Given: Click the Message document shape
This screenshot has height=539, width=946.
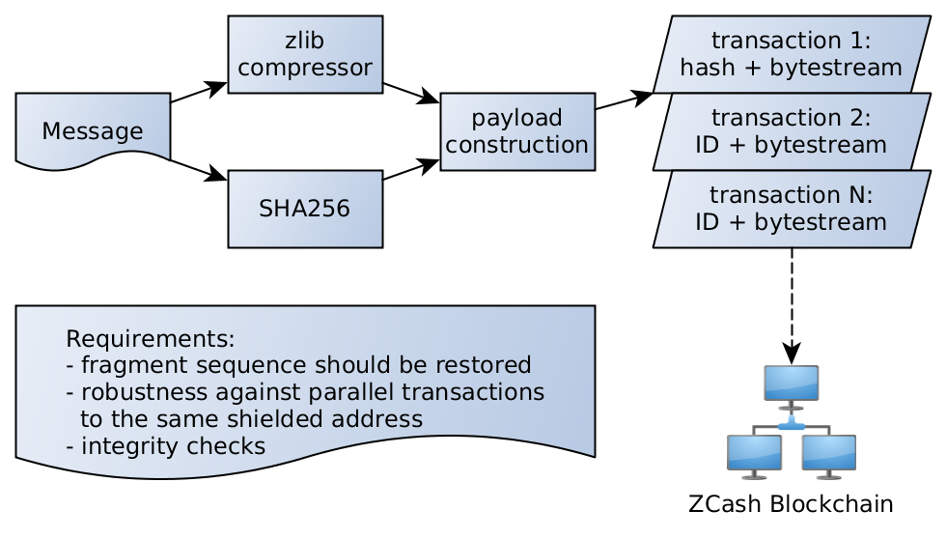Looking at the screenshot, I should click(x=93, y=131).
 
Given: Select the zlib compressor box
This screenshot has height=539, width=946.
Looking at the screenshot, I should click(x=305, y=54).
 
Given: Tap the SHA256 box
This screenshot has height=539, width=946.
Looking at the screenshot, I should click(x=305, y=209).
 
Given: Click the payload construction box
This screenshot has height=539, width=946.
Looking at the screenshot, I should click(x=517, y=131).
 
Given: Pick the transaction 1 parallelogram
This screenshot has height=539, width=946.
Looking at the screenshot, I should click(x=792, y=54).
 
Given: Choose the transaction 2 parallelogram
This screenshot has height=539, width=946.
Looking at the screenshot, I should click(x=792, y=131).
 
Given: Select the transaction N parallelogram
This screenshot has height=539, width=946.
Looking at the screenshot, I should click(x=792, y=209).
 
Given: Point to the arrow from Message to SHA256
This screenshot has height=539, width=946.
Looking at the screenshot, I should click(x=199, y=170).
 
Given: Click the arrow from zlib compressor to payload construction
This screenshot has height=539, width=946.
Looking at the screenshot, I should click(x=411, y=93).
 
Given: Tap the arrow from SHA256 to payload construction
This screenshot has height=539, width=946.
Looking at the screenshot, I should click(x=411, y=170).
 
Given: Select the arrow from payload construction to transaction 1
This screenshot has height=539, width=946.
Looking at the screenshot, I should click(x=624, y=100).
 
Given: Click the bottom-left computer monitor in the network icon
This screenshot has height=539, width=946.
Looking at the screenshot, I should click(x=754, y=455).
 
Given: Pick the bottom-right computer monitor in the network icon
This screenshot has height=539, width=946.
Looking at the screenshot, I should click(x=828, y=455).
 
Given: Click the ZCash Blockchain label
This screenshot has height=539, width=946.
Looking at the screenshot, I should click(x=791, y=504).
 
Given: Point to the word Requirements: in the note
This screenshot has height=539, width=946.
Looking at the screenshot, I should click(x=150, y=340).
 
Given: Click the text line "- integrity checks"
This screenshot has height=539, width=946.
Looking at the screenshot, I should click(x=165, y=446).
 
